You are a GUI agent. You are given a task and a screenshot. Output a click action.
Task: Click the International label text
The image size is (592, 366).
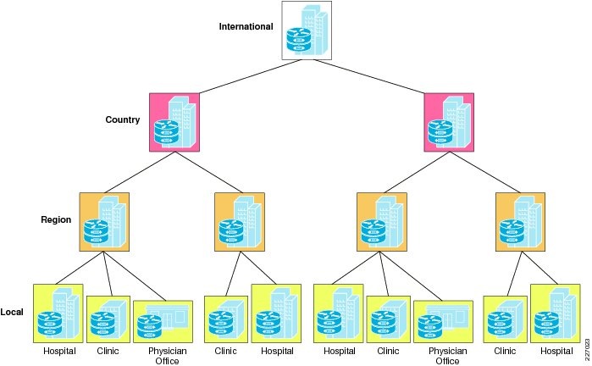point(246,26)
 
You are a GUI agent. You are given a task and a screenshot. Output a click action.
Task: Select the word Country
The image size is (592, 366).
point(122,120)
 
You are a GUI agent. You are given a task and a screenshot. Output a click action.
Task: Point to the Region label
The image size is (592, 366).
point(56,219)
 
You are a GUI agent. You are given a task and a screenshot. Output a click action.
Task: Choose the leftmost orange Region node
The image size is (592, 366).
point(104,220)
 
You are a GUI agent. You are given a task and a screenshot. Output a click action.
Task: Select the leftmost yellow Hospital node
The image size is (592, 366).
point(58,313)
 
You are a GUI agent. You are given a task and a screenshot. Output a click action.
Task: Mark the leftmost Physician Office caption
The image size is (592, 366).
point(166,356)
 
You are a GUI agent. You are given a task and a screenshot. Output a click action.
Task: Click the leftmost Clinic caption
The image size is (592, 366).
point(108,351)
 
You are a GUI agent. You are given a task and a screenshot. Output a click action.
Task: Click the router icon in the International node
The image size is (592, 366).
point(297,40)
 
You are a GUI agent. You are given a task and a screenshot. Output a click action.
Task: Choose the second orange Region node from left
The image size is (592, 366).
point(239,220)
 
